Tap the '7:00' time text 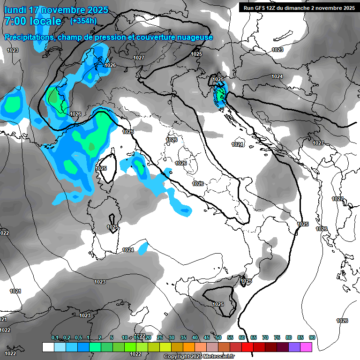tap(14, 21)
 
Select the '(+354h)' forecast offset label tap(83, 21)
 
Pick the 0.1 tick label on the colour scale tap(55, 338)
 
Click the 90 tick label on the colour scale tap(312, 338)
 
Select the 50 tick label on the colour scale tap(218, 338)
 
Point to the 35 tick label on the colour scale tap(183, 338)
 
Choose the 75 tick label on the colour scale tap(277, 338)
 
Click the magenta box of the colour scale tap(306, 347)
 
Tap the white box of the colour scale tap(48, 347)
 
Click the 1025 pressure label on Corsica tap(101, 168)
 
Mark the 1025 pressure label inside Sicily tap(218, 304)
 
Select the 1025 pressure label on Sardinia tap(112, 227)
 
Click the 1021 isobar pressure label tap(15, 291)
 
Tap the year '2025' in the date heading tap(97, 10)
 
